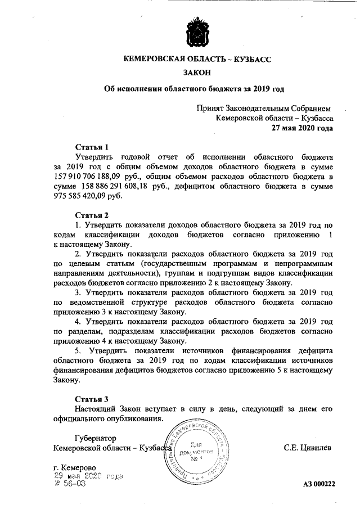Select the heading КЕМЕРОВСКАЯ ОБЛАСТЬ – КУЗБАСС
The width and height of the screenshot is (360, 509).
196,58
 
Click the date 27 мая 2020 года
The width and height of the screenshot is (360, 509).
302,128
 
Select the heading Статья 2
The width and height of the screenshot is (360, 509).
91,215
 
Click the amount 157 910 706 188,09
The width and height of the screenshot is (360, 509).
88,177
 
